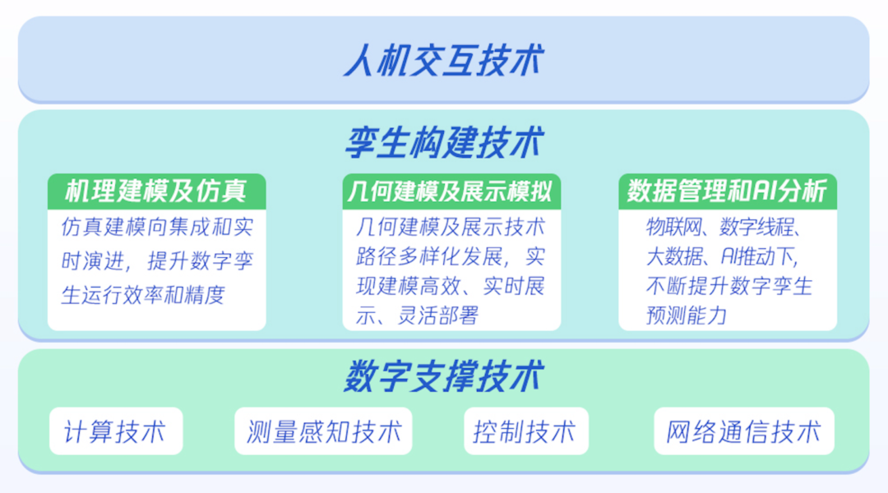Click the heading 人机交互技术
[x=444, y=62]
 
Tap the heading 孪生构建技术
[x=444, y=143]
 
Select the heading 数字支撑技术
[x=444, y=377]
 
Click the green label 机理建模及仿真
[x=156, y=191]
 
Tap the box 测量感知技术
[x=323, y=431]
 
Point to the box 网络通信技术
[x=743, y=431]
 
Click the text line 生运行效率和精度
[x=143, y=294]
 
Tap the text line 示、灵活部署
[x=417, y=315]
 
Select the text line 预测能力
[x=687, y=315]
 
